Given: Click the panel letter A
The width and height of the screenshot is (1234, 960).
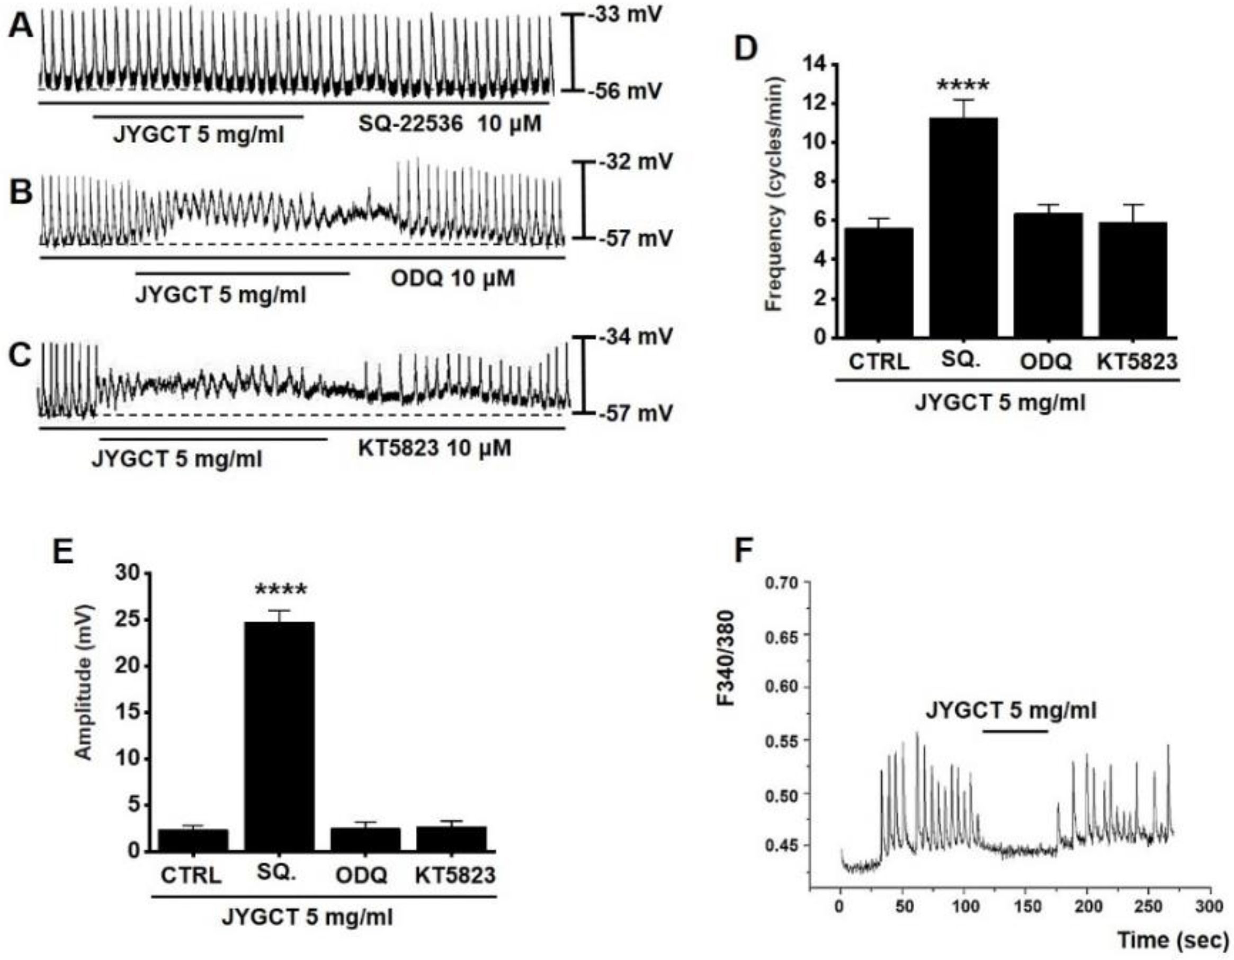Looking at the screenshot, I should click(x=21, y=27).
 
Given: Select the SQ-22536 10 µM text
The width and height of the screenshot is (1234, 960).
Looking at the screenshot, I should click(x=450, y=124).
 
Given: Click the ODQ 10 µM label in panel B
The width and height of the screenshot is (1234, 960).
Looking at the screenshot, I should click(x=453, y=278).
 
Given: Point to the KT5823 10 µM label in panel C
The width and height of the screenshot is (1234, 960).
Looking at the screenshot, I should click(x=434, y=448).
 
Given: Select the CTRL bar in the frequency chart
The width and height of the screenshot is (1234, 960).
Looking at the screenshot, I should click(x=878, y=283).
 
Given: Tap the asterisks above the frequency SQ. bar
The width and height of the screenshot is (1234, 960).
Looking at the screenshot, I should click(x=963, y=86).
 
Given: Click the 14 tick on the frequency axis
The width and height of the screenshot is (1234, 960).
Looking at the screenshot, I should click(x=814, y=65).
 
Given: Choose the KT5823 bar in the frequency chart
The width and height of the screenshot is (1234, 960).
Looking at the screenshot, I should click(x=1132, y=280).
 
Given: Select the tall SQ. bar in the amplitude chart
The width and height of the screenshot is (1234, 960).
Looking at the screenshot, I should click(x=280, y=736).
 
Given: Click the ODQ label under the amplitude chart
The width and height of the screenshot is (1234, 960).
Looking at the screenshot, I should click(x=362, y=875).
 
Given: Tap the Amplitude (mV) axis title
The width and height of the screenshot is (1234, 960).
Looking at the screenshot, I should click(x=83, y=683).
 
